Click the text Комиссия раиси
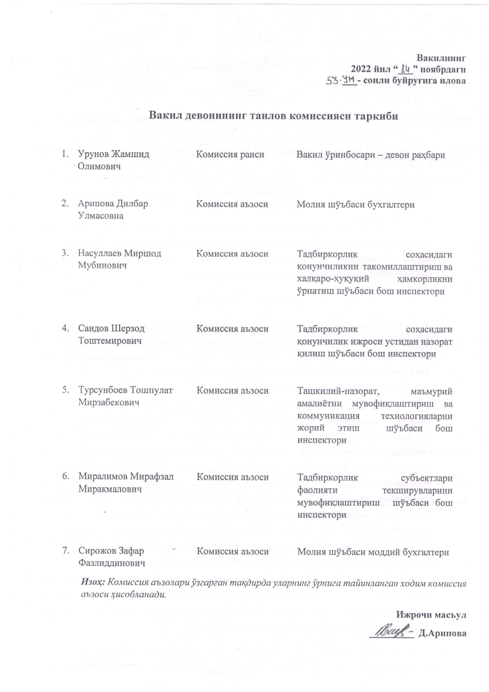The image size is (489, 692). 230,155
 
